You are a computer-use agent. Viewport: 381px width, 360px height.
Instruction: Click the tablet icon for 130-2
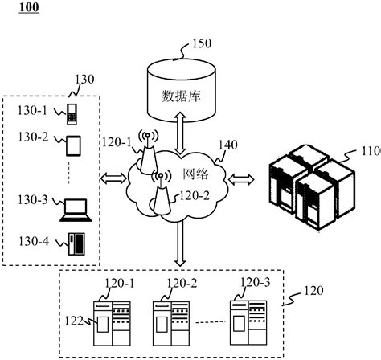tap(73, 145)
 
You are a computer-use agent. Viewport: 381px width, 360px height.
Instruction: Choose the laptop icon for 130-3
tap(75, 208)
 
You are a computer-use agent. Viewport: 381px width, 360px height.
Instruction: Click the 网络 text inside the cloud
tap(197, 173)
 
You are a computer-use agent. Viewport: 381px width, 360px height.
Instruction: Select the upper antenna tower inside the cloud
tap(147, 151)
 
